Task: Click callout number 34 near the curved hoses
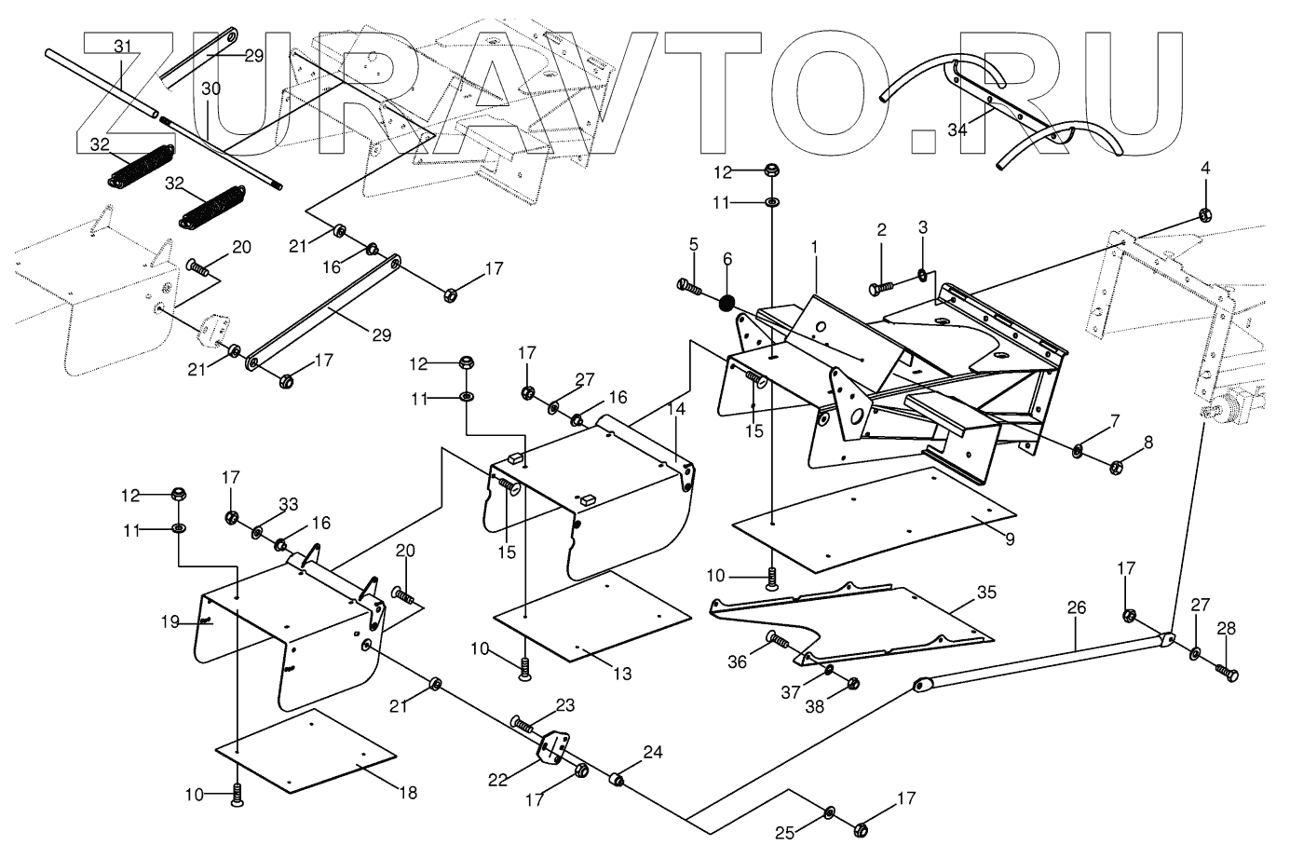pyautogui.click(x=957, y=130)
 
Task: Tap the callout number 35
pyautogui.click(x=986, y=592)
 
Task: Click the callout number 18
pyautogui.click(x=408, y=793)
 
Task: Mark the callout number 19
pyautogui.click(x=169, y=621)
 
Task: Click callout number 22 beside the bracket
pyautogui.click(x=497, y=780)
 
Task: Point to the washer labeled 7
pyautogui.click(x=1077, y=452)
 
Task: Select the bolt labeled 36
pyautogui.click(x=776, y=639)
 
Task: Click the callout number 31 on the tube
pyautogui.click(x=124, y=45)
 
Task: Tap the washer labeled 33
pyautogui.click(x=256, y=532)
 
